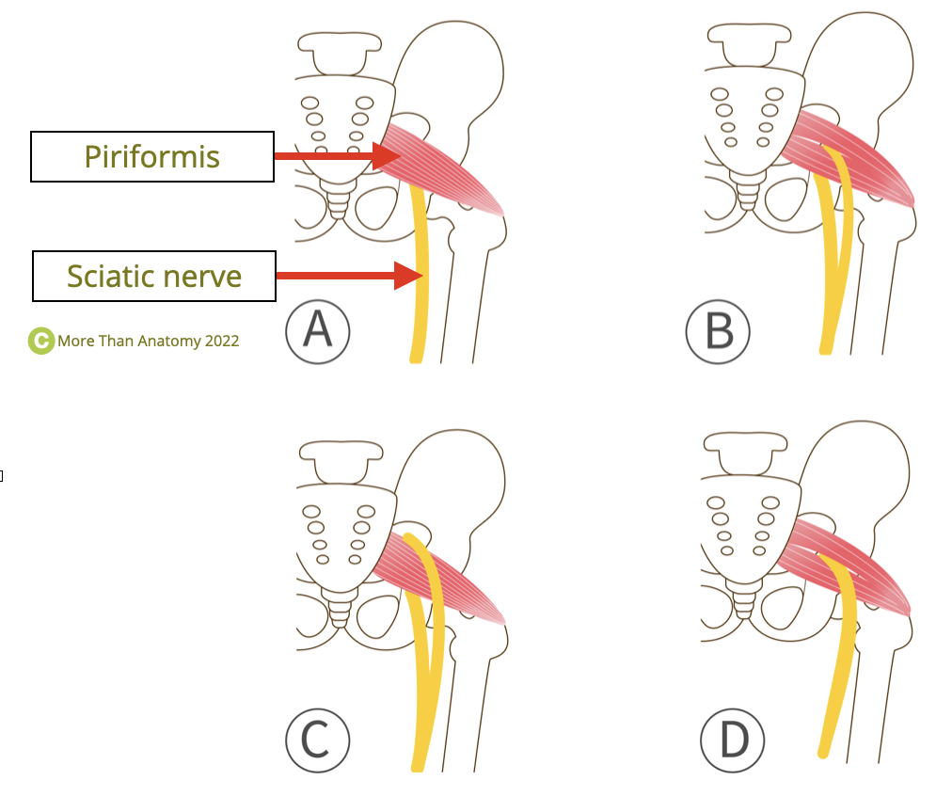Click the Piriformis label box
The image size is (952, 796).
coord(152,156)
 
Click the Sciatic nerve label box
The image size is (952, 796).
coord(154,276)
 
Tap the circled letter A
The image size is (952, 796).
coord(318,331)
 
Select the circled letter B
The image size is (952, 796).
coord(718,331)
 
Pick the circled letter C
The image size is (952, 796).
coord(318,740)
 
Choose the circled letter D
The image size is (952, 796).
coord(733,740)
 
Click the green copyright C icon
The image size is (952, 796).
coord(40,341)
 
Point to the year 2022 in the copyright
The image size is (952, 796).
coord(221,341)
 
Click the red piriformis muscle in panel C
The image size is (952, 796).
coord(461,588)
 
